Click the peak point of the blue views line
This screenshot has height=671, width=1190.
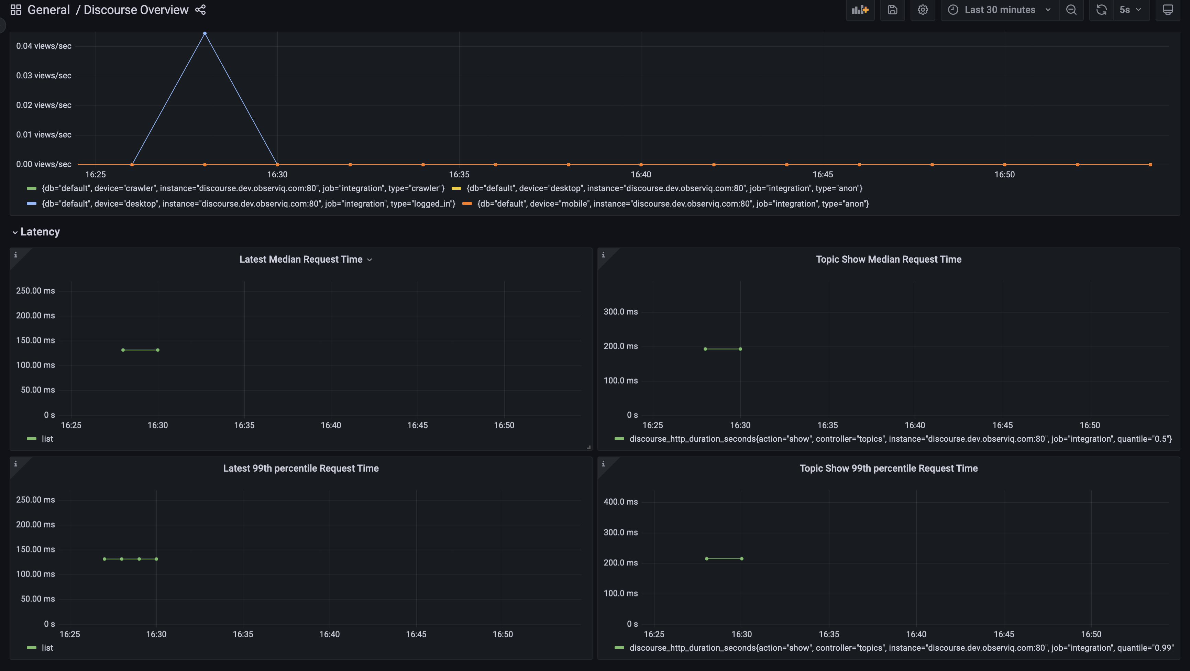(205, 33)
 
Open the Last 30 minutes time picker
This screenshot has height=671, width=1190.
(999, 10)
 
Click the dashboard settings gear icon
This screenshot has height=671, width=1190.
(923, 10)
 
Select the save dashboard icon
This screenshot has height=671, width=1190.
(892, 10)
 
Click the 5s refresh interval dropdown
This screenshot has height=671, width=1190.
(1130, 10)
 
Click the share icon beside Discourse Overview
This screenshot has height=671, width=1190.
(200, 10)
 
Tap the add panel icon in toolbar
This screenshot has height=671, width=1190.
(860, 10)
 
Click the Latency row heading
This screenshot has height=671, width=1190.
(40, 232)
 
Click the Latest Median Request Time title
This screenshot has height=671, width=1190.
(301, 259)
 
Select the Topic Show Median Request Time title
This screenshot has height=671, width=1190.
(888, 259)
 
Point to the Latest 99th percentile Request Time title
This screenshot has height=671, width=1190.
(301, 468)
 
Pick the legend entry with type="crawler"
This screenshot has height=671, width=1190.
(243, 188)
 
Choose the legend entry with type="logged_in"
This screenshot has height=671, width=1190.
(248, 204)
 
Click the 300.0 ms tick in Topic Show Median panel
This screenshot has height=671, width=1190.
(620, 312)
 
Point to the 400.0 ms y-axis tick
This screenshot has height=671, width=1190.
(620, 502)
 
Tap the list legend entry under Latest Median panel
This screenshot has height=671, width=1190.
(47, 439)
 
